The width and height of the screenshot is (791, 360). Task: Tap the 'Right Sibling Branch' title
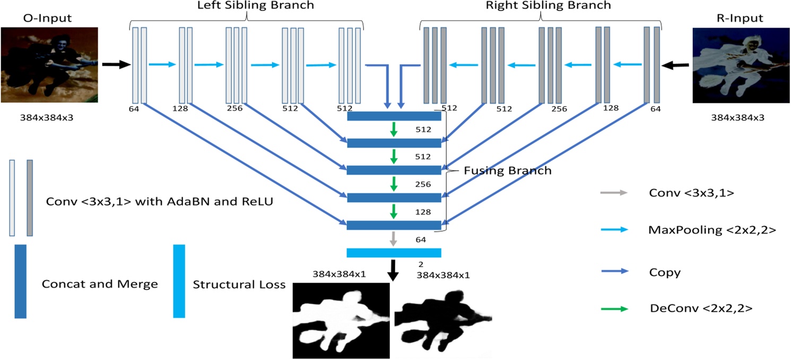[x=549, y=6]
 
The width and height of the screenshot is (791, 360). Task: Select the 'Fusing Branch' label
[x=508, y=171]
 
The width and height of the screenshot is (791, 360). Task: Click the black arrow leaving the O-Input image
[x=116, y=65]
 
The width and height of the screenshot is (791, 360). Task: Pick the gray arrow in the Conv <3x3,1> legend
[x=614, y=193]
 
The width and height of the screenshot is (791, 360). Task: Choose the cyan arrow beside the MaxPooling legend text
[x=614, y=230]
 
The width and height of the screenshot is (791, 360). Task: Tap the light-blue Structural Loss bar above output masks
[x=394, y=252]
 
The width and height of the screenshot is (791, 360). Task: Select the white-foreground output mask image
[x=341, y=320]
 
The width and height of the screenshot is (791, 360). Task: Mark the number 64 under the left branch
[x=133, y=108]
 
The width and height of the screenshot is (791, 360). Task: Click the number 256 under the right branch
[x=558, y=109]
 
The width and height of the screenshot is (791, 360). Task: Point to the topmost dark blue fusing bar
[x=394, y=116]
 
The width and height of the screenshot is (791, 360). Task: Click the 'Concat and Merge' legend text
[x=100, y=284]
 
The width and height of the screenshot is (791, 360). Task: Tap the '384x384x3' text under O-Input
[x=48, y=118]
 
